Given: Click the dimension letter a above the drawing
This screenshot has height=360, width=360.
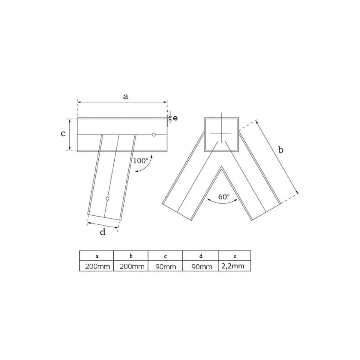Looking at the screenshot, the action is [x=126, y=97].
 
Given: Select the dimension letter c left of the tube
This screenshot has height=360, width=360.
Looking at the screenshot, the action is [x=63, y=133].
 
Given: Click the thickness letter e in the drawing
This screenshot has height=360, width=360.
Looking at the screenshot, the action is [x=175, y=118].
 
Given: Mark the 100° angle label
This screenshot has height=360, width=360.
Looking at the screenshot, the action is [x=140, y=161].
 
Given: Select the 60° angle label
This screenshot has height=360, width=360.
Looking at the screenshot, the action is [x=224, y=197].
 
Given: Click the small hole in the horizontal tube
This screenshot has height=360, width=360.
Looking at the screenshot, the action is [x=154, y=134].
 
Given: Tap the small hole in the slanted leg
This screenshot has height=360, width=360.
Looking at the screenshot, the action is [x=107, y=199].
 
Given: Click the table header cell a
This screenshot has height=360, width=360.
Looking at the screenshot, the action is [x=97, y=256].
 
